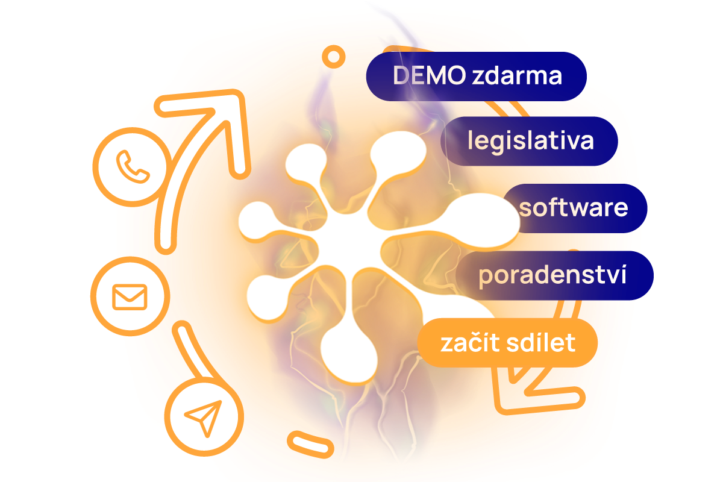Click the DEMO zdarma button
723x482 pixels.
(x=476, y=77)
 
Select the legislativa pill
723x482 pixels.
(x=530, y=141)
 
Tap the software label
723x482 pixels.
(x=574, y=208)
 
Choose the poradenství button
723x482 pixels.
(x=553, y=275)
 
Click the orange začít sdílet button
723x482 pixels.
(x=508, y=343)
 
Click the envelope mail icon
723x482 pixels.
(x=130, y=296)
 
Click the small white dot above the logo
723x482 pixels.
(x=333, y=57)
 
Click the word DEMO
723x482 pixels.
(x=428, y=77)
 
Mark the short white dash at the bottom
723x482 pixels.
(x=311, y=445)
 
